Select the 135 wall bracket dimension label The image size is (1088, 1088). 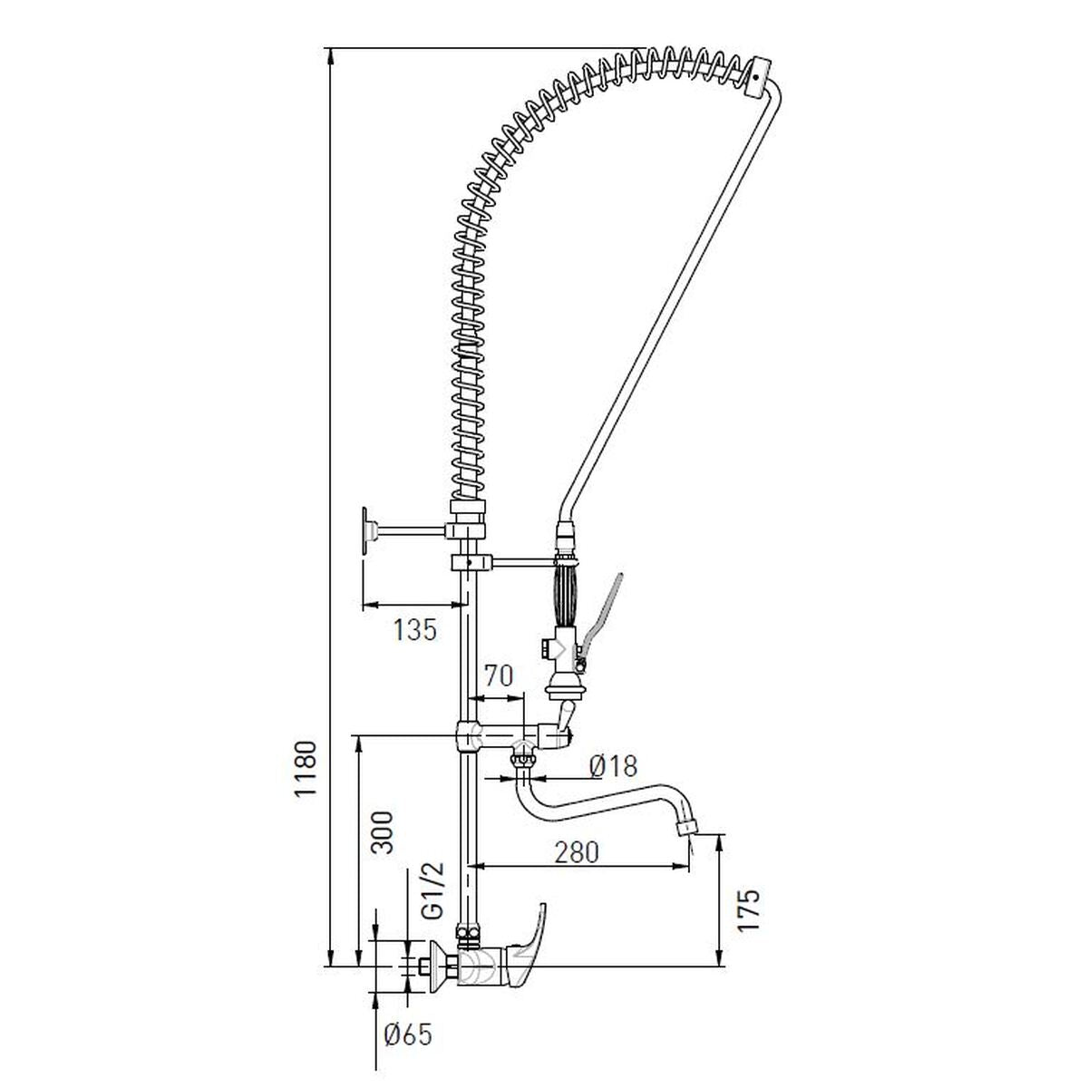(415, 630)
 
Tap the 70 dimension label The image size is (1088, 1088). (498, 675)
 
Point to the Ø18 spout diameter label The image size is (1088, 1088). (613, 766)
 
